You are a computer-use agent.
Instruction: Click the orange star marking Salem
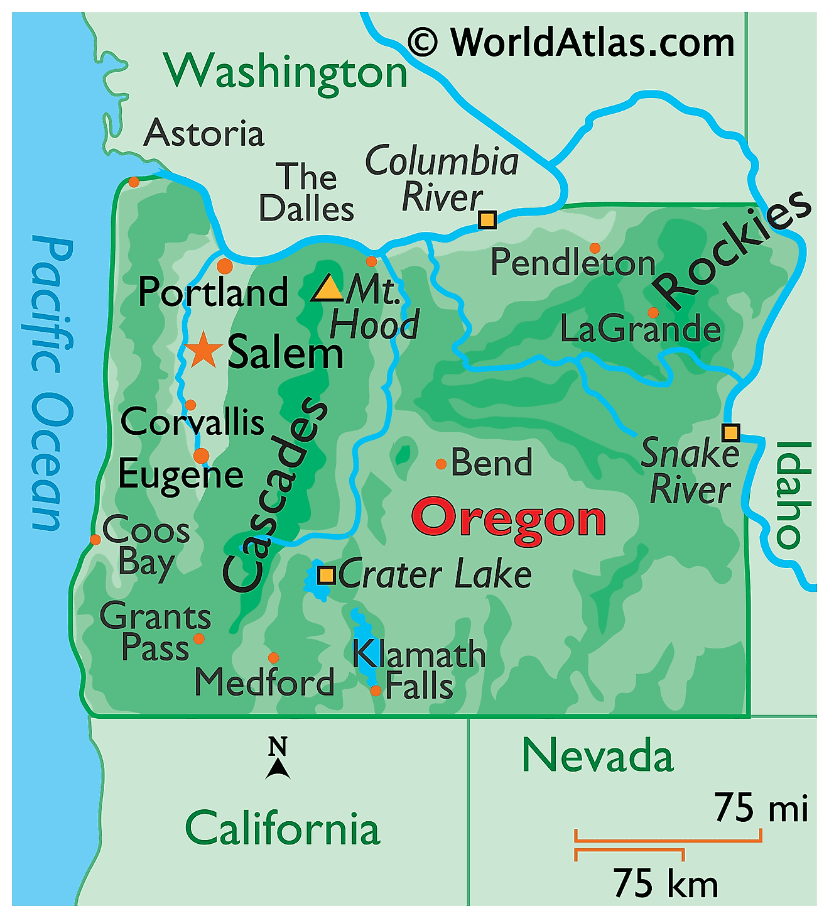pyautogui.click(x=203, y=351)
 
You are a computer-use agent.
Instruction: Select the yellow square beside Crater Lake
pyautogui.click(x=326, y=575)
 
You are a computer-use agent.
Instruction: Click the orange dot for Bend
pyautogui.click(x=441, y=464)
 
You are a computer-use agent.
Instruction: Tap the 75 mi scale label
pyautogui.click(x=761, y=807)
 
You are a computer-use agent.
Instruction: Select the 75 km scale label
pyautogui.click(x=665, y=883)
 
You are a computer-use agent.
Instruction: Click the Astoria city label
pyautogui.click(x=204, y=133)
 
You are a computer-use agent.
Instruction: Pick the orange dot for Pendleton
pyautogui.click(x=595, y=248)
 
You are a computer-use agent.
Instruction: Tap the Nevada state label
pyautogui.click(x=597, y=756)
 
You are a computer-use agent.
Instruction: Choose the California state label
pyautogui.click(x=283, y=829)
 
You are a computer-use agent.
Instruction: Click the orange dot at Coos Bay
pyautogui.click(x=95, y=540)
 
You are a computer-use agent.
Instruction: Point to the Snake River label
pyautogui.click(x=690, y=471)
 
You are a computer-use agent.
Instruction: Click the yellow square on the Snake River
pyautogui.click(x=730, y=432)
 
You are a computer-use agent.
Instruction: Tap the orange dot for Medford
pyautogui.click(x=273, y=658)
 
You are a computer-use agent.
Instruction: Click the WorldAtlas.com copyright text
pyautogui.click(x=571, y=43)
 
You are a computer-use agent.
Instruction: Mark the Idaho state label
pyautogui.click(x=793, y=494)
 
